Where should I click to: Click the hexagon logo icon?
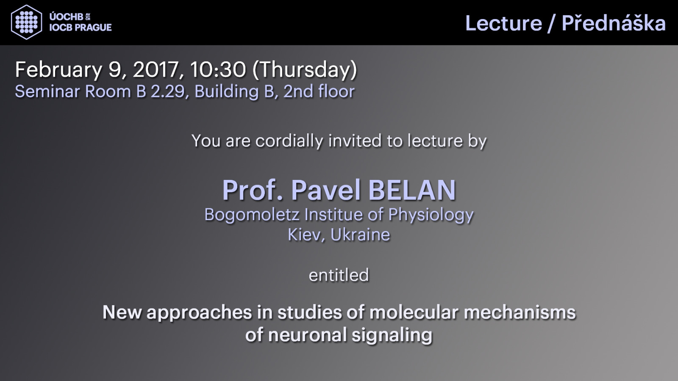(26, 22)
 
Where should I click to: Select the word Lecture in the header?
(504, 23)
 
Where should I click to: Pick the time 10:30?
(218, 69)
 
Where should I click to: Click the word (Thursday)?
(305, 70)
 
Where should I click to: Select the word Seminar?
(48, 91)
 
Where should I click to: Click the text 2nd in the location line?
(298, 91)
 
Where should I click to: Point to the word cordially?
(289, 141)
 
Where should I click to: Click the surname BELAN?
(412, 190)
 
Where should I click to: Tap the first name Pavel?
(326, 190)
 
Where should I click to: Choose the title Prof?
(253, 190)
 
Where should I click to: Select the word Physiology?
(431, 215)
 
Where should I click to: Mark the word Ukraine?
(360, 235)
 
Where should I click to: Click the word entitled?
(339, 275)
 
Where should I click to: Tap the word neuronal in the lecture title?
(308, 335)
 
